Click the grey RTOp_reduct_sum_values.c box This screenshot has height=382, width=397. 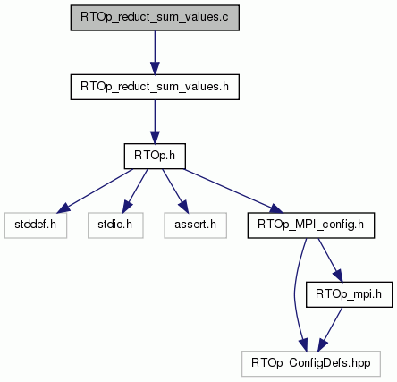pos(155,18)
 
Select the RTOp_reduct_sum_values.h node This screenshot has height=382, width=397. pos(155,87)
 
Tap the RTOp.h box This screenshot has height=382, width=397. pos(155,156)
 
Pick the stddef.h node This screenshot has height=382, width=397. pos(36,225)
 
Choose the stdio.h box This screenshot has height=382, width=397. pos(115,225)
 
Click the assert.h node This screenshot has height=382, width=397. pos(195,225)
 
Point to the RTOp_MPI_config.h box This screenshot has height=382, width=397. pos(311,225)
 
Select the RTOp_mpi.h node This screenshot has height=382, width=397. pos(349,294)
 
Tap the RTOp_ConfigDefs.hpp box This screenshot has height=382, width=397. pos(311,363)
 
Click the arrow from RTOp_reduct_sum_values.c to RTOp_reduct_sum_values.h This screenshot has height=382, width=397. pos(155,53)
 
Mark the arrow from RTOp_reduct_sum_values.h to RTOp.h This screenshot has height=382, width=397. pos(155,122)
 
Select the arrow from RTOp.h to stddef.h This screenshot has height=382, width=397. pos(95,191)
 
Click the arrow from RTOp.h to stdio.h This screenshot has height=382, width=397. pos(135,191)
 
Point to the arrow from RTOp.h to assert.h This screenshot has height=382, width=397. pos(175,191)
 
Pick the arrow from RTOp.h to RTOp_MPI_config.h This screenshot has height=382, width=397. pos(233,191)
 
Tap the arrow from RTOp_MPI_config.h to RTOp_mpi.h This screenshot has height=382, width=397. pos(330,260)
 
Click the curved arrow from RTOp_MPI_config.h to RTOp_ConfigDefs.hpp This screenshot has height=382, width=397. pos(295,294)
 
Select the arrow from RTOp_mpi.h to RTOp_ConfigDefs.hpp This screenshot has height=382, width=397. pos(330,329)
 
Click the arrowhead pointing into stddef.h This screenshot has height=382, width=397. pos(63,208)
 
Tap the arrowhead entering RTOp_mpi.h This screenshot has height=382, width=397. pos(338,276)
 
